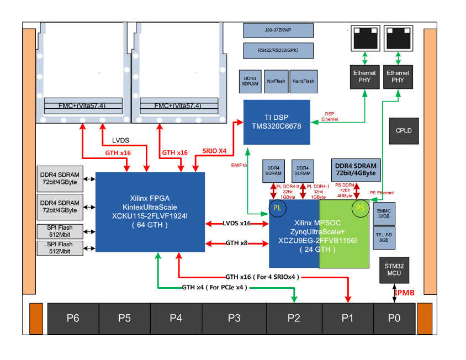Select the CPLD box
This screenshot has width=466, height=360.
404,131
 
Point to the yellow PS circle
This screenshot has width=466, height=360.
360,208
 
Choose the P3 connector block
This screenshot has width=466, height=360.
234,318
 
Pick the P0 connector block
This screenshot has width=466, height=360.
394,318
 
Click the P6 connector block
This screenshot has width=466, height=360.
73,318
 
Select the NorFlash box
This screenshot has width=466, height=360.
276,81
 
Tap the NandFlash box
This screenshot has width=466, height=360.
303,81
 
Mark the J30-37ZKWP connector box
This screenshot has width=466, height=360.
278,30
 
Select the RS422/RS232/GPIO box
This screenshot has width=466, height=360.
278,51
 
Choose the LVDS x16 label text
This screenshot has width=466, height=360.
237,223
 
